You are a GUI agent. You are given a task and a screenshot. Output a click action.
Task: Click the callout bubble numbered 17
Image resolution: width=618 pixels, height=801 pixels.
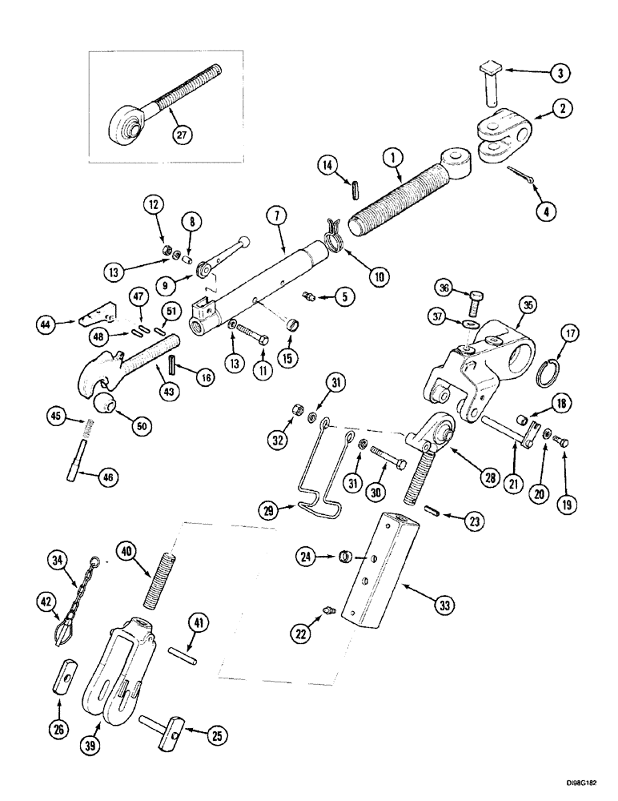[x=565, y=331]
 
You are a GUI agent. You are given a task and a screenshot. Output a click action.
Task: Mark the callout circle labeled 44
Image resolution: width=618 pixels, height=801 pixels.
[x=48, y=325]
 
